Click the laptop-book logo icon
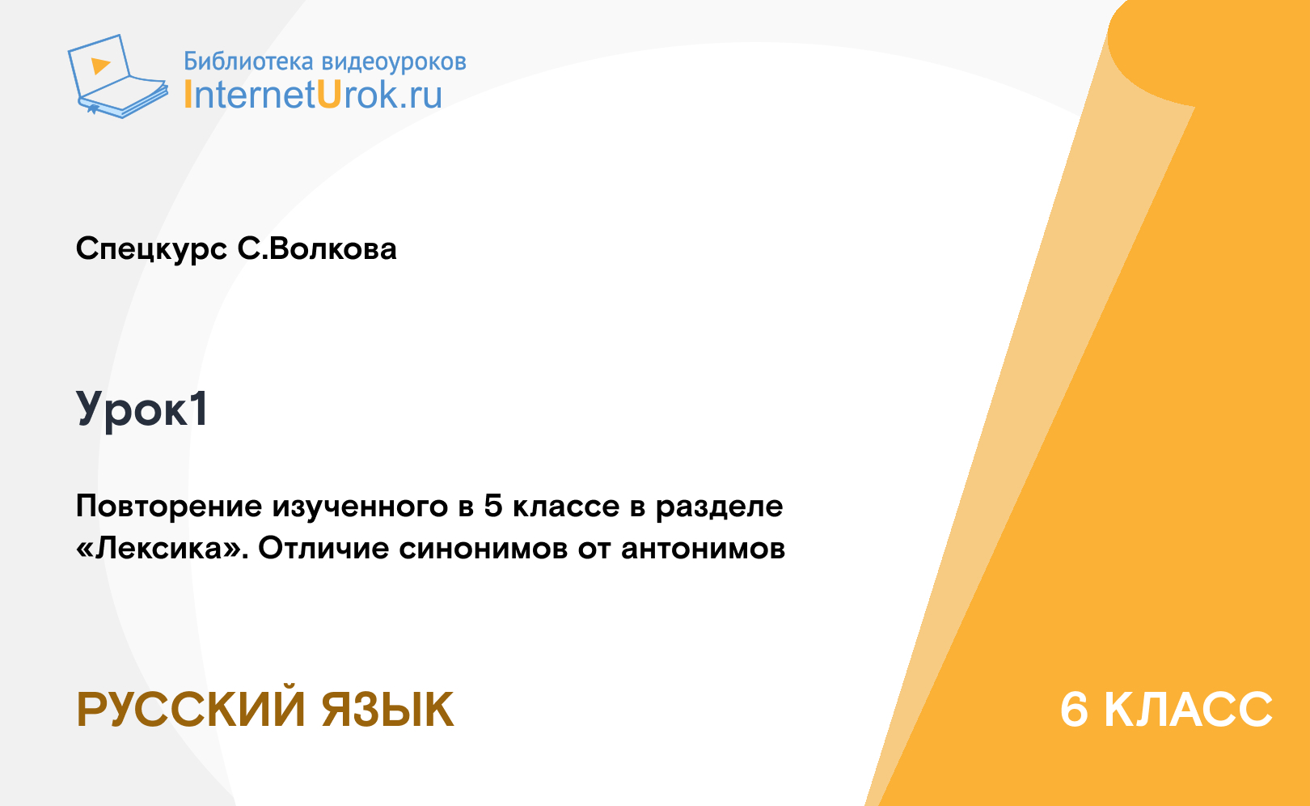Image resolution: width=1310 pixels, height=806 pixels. [118, 76]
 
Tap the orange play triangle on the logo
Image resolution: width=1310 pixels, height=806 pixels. [100, 65]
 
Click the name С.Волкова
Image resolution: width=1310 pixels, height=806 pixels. [317, 248]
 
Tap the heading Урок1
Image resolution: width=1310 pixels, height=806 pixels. [142, 409]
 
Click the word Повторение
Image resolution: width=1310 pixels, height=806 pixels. [169, 507]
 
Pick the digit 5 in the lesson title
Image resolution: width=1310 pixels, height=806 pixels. [493, 506]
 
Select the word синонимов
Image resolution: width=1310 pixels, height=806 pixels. [484, 549]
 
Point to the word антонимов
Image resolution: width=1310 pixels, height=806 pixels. [703, 549]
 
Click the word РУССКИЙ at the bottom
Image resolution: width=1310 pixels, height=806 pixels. [191, 710]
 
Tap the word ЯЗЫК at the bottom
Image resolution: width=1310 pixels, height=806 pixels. [387, 710]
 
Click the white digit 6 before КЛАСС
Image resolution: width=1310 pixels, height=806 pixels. [1075, 710]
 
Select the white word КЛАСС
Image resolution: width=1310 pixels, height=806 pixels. [1189, 710]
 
